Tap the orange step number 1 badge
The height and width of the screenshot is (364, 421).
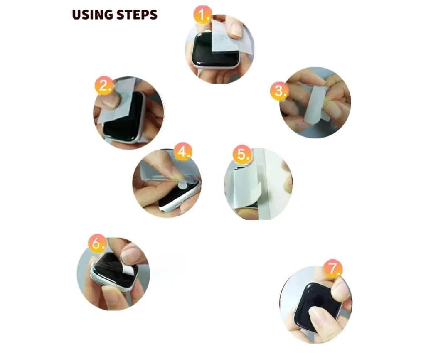[203, 15]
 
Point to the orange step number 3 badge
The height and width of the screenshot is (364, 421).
[280, 91]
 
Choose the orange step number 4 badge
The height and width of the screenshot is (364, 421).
[183, 152]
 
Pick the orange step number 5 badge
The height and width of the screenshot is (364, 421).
[242, 154]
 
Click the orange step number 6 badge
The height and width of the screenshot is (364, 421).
[98, 243]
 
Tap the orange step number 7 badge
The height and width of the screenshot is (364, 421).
[333, 269]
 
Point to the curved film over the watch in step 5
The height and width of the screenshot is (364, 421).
[247, 185]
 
